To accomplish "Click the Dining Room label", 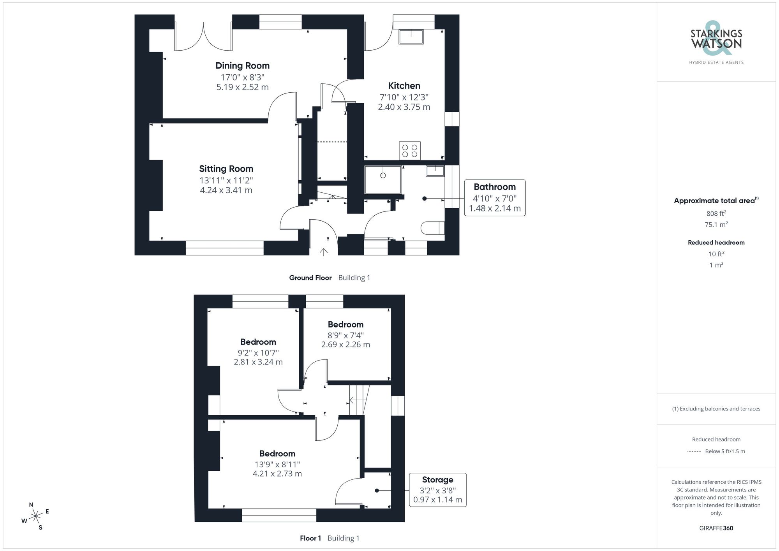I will pyautogui.click(x=242, y=66).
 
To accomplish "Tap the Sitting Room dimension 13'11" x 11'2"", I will pyautogui.click(x=226, y=180).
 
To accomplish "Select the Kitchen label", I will pyautogui.click(x=404, y=86).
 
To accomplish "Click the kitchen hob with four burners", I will pyautogui.click(x=409, y=151).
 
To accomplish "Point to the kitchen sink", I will pyautogui.click(x=411, y=37).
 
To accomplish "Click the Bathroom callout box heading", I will pyautogui.click(x=494, y=187).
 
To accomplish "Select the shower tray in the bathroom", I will pyautogui.click(x=383, y=180).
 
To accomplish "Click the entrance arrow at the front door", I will pyautogui.click(x=323, y=252).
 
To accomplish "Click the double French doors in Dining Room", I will pyautogui.click(x=203, y=37).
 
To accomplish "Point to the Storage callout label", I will pyautogui.click(x=437, y=480).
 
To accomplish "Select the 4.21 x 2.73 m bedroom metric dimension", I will pyautogui.click(x=277, y=474).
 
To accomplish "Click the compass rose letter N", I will pyautogui.click(x=31, y=505).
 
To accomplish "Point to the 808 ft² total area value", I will pyautogui.click(x=716, y=213).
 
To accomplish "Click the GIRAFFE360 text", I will pyautogui.click(x=716, y=528).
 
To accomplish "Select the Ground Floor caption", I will pyautogui.click(x=310, y=278).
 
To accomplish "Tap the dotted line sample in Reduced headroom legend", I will pyautogui.click(x=694, y=452).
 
